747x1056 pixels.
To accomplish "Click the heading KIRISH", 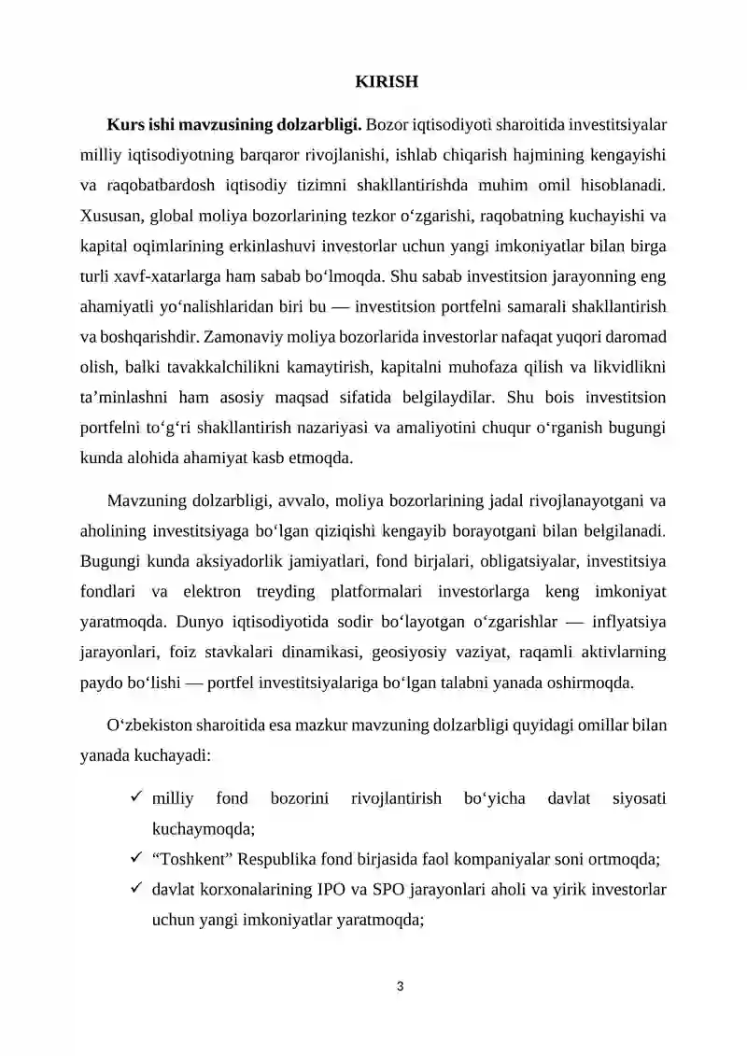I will (x=386, y=82).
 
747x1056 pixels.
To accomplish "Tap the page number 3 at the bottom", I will (x=400, y=985).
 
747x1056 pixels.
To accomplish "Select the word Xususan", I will (x=109, y=216).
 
